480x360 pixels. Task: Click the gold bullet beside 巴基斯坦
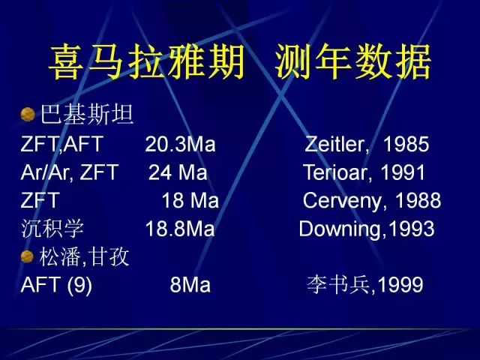pyautogui.click(x=28, y=115)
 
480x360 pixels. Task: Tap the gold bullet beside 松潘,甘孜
pyautogui.click(x=27, y=256)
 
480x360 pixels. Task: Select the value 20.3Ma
pyautogui.click(x=180, y=144)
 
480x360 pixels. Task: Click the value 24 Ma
pyautogui.click(x=178, y=172)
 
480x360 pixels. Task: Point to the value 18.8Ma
pyautogui.click(x=180, y=229)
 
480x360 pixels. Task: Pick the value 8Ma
pyautogui.click(x=190, y=285)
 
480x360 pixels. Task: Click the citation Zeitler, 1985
pyautogui.click(x=367, y=144)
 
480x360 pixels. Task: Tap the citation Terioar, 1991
pyautogui.click(x=364, y=172)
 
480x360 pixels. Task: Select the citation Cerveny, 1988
pyautogui.click(x=372, y=201)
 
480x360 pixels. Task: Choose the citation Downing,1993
pyautogui.click(x=367, y=229)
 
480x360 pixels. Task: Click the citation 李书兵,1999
pyautogui.click(x=365, y=285)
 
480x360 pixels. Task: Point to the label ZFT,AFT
pyautogui.click(x=62, y=144)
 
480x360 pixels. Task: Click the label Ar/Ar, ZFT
pyautogui.click(x=70, y=172)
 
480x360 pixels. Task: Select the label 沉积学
pyautogui.click(x=52, y=229)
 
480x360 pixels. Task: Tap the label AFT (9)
pyautogui.click(x=56, y=285)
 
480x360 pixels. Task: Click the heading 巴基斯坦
pyautogui.click(x=87, y=115)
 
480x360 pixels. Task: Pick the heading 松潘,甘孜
pyautogui.click(x=84, y=256)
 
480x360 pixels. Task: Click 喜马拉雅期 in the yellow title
pyautogui.click(x=147, y=62)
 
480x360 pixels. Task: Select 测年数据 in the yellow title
pyautogui.click(x=353, y=62)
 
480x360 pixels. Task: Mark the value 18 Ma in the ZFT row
pyautogui.click(x=190, y=201)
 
